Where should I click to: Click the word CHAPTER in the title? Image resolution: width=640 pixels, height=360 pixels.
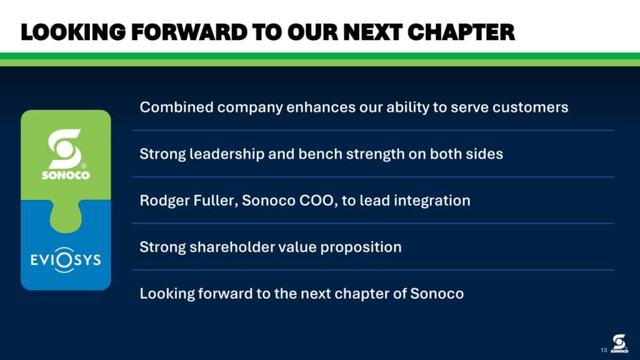461,32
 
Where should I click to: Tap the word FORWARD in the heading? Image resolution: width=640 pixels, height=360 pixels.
189,32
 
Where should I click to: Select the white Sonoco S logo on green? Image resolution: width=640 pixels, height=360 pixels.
65,149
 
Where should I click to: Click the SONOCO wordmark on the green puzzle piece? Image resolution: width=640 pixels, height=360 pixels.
66,175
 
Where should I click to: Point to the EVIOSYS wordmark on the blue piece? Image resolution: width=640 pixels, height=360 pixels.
66,260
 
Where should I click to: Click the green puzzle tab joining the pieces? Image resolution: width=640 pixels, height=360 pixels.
66,217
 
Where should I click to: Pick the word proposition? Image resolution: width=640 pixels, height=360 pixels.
361,247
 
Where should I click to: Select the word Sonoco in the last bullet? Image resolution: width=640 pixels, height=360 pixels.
437,294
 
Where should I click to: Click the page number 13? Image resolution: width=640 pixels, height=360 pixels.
604,350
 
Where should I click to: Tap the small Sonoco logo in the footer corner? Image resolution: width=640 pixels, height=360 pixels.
619,343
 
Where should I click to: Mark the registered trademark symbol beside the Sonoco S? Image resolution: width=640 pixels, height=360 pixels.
84,166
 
